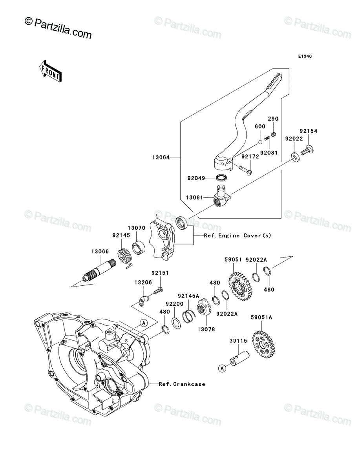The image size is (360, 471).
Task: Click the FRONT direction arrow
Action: coord(50,71)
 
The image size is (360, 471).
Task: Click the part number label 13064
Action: coord(161,157)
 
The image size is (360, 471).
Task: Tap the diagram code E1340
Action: coord(305,57)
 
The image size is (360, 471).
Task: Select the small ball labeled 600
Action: coord(260,142)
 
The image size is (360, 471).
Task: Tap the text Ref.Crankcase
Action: coord(182,384)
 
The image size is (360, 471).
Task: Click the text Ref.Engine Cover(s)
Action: coord(238,235)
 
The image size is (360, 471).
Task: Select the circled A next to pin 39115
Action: coord(223,369)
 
